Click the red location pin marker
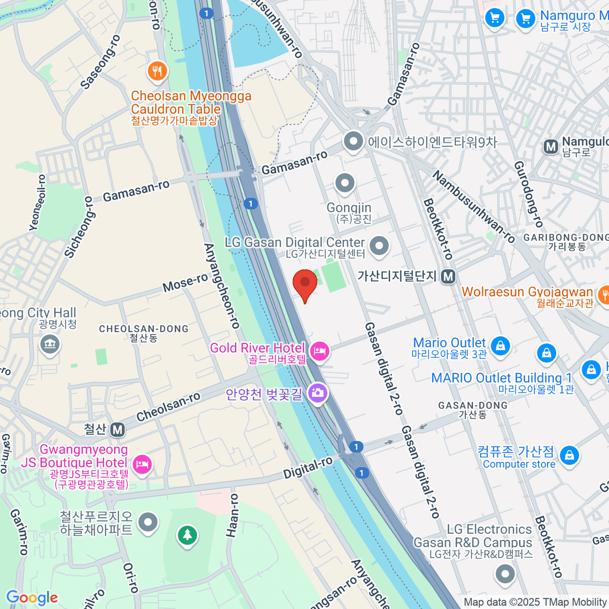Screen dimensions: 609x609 (x=305, y=283)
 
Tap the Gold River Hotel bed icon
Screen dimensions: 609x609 (x=319, y=351)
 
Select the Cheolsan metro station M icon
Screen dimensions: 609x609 (x=118, y=430)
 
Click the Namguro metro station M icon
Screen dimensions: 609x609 (x=551, y=147)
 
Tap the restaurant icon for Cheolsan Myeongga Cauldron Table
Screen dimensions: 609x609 (x=157, y=71)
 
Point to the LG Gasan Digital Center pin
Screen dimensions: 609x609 (x=379, y=246)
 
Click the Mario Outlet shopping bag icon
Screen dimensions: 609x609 (x=500, y=346)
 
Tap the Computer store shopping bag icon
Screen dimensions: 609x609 (x=570, y=455)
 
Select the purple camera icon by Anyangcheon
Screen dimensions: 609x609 (x=318, y=393)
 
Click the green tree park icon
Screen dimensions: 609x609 (x=187, y=534)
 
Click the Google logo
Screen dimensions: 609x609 (x=32, y=598)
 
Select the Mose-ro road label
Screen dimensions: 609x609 (x=185, y=283)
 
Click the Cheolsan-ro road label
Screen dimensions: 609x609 (x=168, y=407)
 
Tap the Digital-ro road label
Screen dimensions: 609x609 (x=308, y=467)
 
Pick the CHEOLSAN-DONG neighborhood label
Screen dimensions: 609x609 (x=144, y=329)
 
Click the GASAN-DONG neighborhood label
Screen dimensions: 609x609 (x=472, y=405)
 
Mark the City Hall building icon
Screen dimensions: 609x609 (x=50, y=345)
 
